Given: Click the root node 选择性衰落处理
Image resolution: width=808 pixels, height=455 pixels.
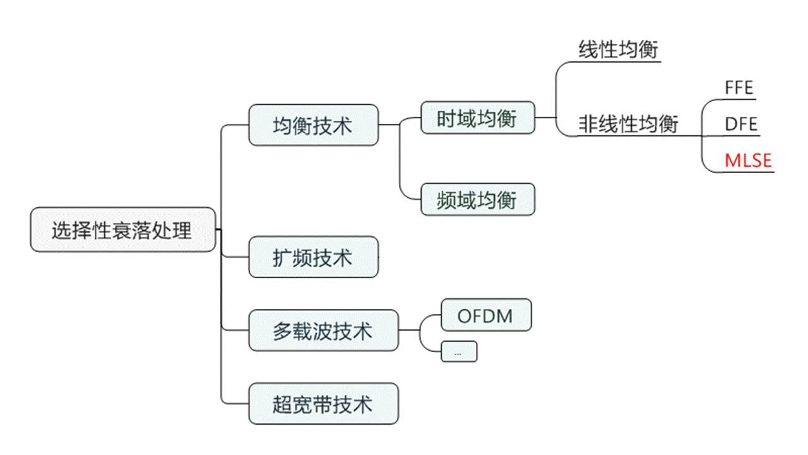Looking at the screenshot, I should [x=123, y=230].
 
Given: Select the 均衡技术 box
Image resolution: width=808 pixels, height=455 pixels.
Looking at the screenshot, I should [x=314, y=125].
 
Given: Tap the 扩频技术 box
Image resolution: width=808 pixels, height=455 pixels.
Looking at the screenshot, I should [x=314, y=257].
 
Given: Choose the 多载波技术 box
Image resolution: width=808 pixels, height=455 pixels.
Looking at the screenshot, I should [x=323, y=331].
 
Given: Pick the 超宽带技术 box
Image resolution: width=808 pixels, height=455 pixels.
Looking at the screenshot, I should [x=323, y=404].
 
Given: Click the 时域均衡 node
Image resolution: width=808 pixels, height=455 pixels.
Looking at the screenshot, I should [x=477, y=118].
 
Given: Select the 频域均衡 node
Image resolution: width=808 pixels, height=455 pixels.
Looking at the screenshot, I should [x=477, y=200].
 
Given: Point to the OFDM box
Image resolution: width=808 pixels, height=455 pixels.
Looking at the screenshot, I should [x=485, y=315].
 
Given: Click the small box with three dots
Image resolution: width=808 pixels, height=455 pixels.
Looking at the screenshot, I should [x=458, y=352].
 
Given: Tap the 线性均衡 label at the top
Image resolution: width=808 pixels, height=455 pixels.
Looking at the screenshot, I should [x=619, y=49].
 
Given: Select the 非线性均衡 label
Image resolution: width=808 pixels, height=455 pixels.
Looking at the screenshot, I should [x=628, y=124].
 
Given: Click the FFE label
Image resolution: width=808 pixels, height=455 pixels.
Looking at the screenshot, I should [x=739, y=88].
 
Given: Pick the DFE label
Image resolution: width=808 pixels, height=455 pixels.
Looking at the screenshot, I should [x=740, y=124].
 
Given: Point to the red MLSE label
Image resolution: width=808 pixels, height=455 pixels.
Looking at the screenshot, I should [x=748, y=161].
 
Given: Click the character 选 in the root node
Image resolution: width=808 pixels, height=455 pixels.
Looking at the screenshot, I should [x=61, y=230].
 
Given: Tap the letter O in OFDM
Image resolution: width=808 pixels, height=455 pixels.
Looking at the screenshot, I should [x=464, y=315].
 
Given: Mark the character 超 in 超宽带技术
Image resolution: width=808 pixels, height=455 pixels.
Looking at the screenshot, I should [x=282, y=404].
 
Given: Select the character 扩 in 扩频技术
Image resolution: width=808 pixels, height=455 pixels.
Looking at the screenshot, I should [x=282, y=257].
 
